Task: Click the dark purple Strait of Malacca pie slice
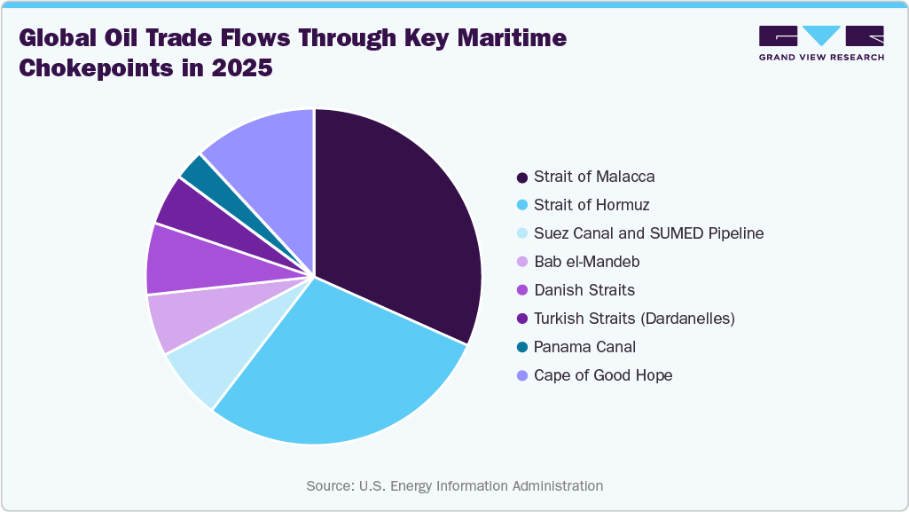point(395,231)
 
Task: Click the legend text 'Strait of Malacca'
point(594,177)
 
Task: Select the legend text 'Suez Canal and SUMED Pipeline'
point(648,233)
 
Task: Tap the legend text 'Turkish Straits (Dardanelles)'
point(634,319)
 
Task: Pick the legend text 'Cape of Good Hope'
point(603,375)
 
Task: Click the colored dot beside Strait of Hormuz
point(521,206)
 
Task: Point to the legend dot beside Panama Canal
point(521,348)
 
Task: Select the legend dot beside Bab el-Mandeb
point(521,263)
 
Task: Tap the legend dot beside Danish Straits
point(521,291)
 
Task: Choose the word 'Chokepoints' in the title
point(95,68)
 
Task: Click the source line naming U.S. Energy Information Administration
point(454,485)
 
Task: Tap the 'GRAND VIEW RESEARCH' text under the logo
point(821,57)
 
